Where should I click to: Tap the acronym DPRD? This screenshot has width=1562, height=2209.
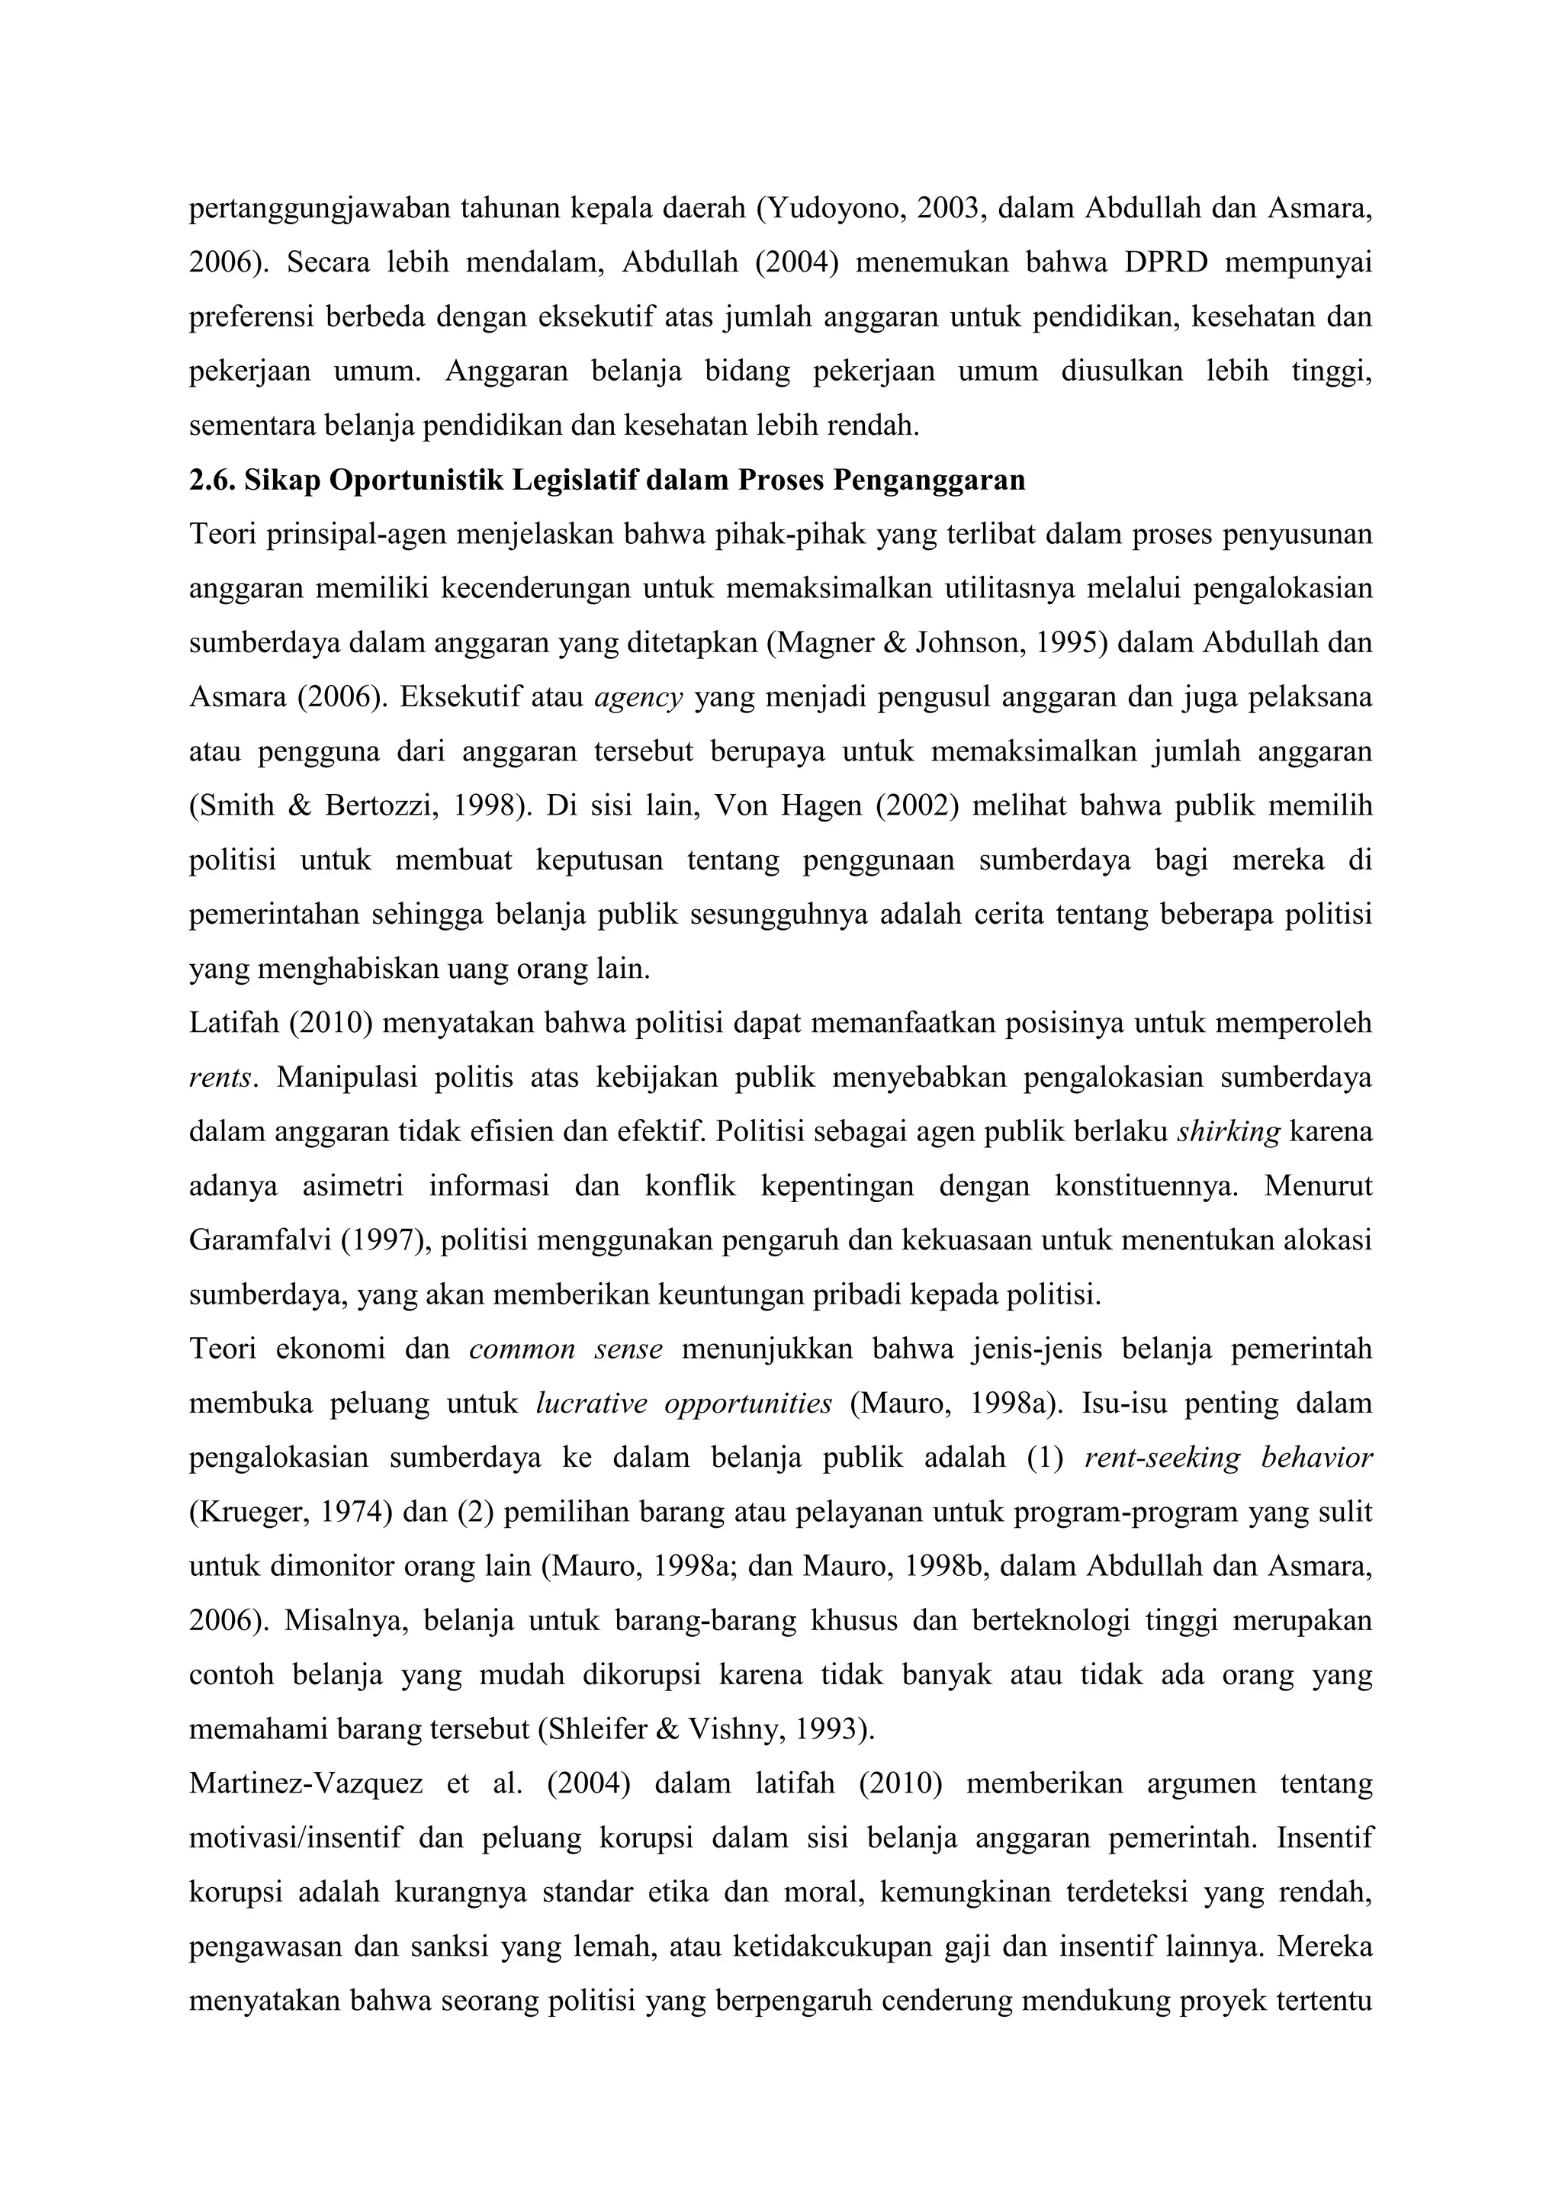(1165, 262)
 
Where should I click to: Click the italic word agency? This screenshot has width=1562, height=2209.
(638, 696)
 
